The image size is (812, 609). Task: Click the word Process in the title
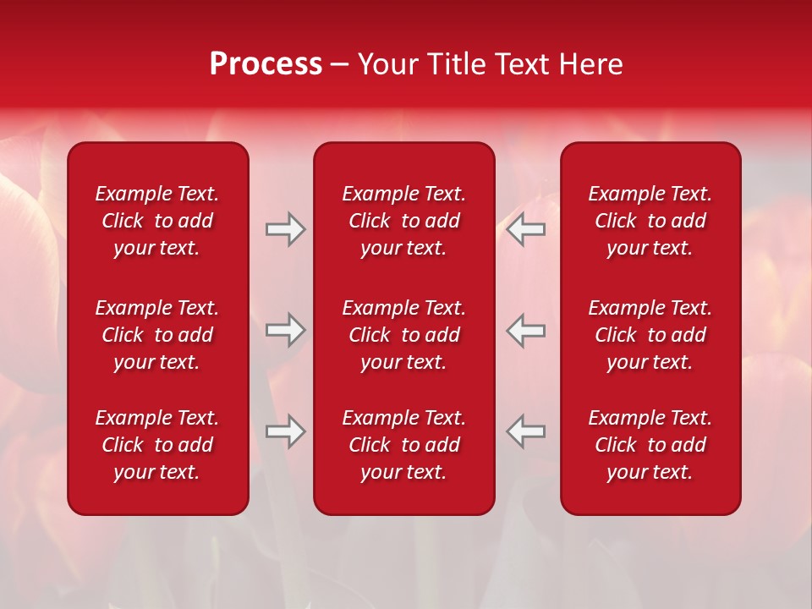pyautogui.click(x=266, y=64)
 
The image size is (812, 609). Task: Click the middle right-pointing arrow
pyautogui.click(x=285, y=330)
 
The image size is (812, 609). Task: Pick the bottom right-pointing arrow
pyautogui.click(x=285, y=431)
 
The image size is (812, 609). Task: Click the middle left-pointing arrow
pyautogui.click(x=526, y=330)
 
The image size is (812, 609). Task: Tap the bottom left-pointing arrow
pyautogui.click(x=526, y=431)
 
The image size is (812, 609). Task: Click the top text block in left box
pyautogui.click(x=157, y=221)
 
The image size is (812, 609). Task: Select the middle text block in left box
pyautogui.click(x=157, y=335)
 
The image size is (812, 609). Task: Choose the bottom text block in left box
pyautogui.click(x=157, y=445)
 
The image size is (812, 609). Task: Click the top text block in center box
pyautogui.click(x=403, y=221)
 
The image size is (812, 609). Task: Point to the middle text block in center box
pyautogui.click(x=403, y=335)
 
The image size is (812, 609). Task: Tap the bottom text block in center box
pyautogui.click(x=403, y=445)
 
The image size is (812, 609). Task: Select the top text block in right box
pyautogui.click(x=650, y=221)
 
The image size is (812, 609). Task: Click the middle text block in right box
pyautogui.click(x=650, y=335)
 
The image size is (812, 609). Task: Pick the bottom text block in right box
pyautogui.click(x=650, y=445)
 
